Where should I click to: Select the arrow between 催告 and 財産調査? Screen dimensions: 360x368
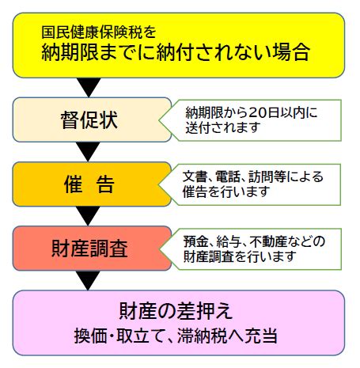(x=88, y=215)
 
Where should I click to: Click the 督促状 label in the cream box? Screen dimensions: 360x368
(x=89, y=120)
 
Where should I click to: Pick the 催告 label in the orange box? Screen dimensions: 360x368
(x=89, y=184)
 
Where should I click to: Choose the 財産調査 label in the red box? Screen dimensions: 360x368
(x=89, y=248)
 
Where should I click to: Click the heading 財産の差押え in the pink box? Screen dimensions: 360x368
(x=176, y=311)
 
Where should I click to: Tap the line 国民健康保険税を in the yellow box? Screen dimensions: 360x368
(x=99, y=32)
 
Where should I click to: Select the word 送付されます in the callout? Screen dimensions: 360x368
(x=223, y=127)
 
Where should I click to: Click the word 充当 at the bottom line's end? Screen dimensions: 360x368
(x=261, y=336)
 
